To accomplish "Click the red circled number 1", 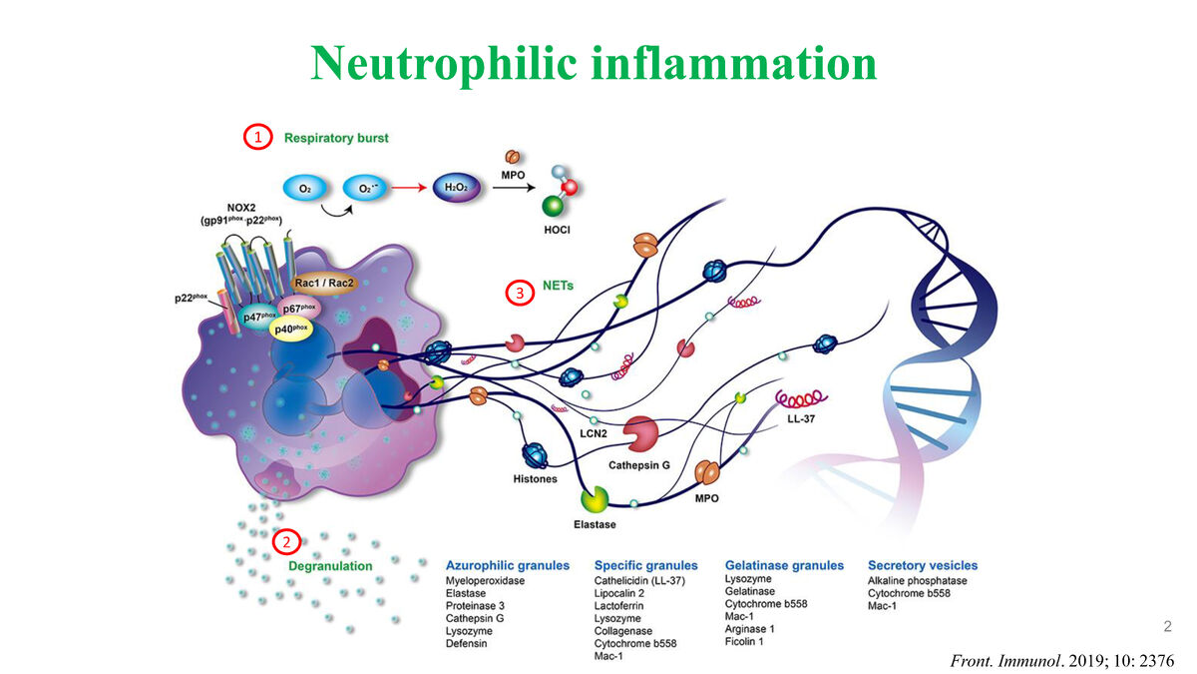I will (258, 137).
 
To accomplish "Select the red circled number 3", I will (519, 293).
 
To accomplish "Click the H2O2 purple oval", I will (458, 187).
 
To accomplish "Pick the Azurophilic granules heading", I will (507, 565).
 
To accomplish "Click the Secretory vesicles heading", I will (922, 565).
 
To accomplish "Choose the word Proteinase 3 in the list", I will (475, 606).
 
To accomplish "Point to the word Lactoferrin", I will (619, 606).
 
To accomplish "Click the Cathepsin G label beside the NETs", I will (639, 464).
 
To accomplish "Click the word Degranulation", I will (330, 565).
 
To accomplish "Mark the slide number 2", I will (1167, 627).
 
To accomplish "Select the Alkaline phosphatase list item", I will (917, 581).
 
